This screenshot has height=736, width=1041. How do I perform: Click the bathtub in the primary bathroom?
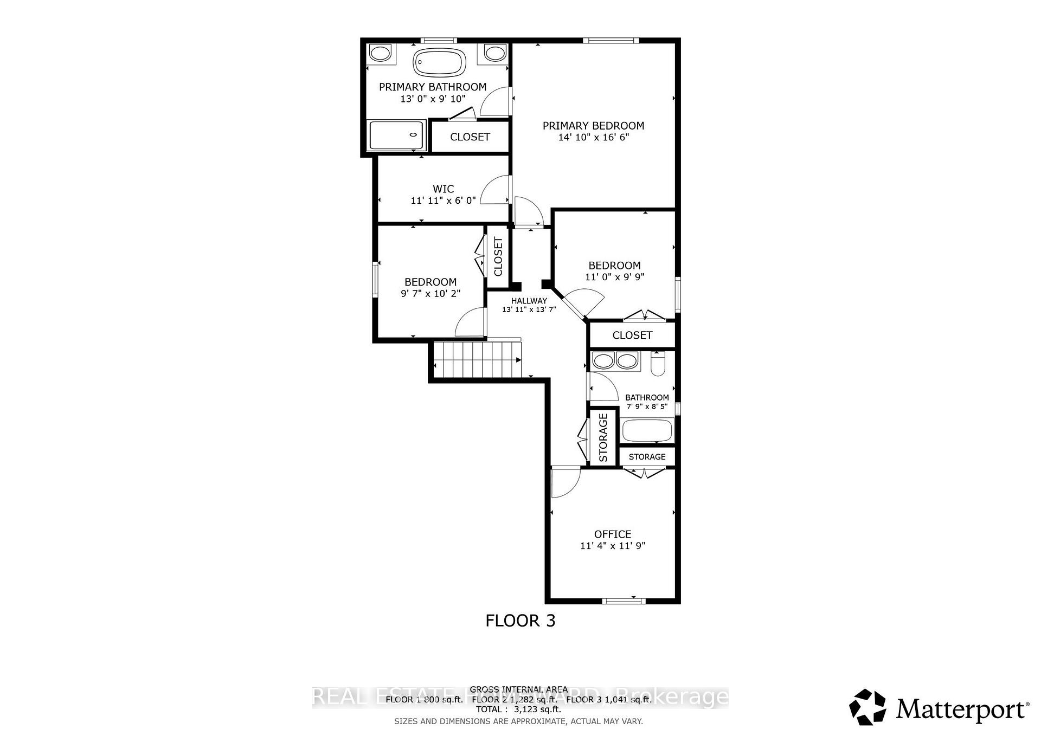tap(439, 62)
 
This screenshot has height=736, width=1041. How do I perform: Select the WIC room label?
tap(443, 189)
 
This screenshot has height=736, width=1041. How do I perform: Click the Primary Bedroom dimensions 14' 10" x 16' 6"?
tap(593, 137)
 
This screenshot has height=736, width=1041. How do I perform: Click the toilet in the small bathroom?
tap(658, 364)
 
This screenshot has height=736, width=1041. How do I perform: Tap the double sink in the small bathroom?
tap(615, 361)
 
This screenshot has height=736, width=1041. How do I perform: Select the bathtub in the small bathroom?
tap(647, 431)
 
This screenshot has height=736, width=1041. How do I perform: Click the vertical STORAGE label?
tap(603, 437)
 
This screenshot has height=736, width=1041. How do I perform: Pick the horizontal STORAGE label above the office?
tap(647, 457)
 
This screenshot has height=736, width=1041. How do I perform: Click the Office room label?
tap(612, 534)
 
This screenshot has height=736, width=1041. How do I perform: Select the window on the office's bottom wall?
tap(624, 600)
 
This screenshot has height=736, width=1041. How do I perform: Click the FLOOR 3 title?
tap(520, 621)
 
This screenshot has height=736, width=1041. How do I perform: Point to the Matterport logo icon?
tap(868, 707)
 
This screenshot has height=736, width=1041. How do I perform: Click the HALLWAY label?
tap(529, 301)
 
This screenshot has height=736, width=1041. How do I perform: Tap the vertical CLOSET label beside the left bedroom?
tap(498, 257)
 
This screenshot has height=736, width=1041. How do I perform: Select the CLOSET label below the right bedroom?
tap(632, 335)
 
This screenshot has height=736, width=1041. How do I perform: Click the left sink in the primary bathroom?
tap(381, 53)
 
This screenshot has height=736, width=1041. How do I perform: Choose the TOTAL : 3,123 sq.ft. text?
tap(518, 709)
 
